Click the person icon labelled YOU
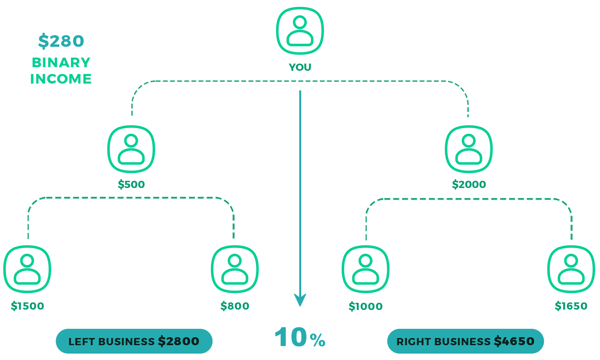300,31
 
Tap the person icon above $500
131,149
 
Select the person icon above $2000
469,149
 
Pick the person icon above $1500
27,269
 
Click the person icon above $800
235,269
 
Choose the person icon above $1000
366,269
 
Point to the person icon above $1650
571,269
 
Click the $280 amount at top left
61,41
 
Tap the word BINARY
61,62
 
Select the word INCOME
61,79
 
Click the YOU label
300,67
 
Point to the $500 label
131,184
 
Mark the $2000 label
469,184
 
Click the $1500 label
27,306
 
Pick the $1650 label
571,306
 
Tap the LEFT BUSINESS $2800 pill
134,341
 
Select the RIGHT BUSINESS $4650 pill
466,341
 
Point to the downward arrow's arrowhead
300,300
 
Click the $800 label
235,306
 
